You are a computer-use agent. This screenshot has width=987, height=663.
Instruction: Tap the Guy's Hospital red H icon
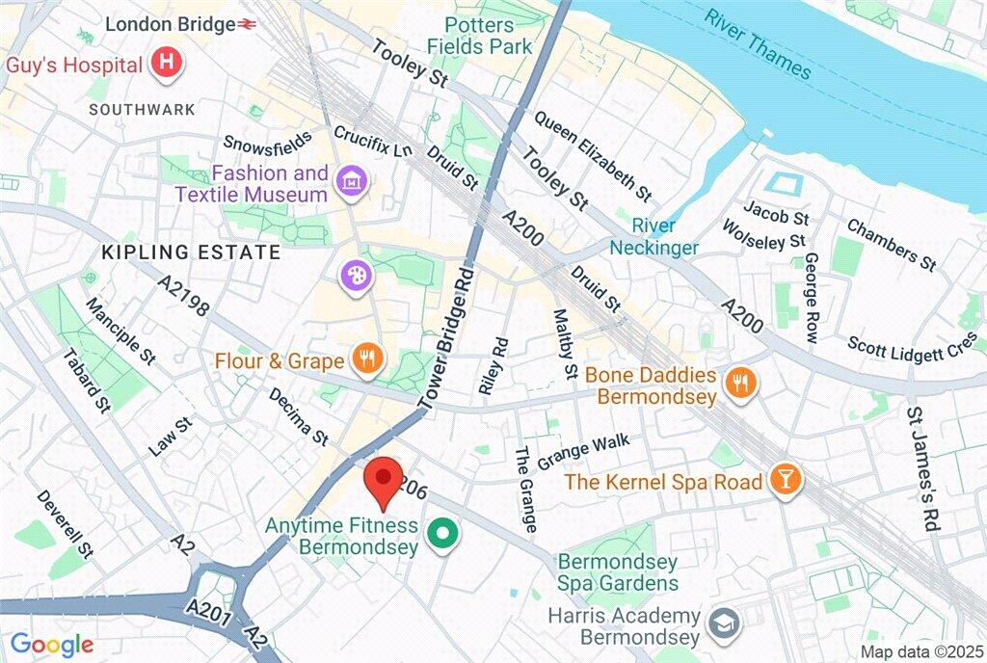(x=168, y=65)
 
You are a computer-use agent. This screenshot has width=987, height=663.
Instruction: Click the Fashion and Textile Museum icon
(x=350, y=179)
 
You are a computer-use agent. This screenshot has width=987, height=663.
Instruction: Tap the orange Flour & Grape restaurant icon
(x=367, y=361)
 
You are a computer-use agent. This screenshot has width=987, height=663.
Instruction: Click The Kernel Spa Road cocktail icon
(x=786, y=482)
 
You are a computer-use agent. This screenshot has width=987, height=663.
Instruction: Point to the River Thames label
(x=757, y=42)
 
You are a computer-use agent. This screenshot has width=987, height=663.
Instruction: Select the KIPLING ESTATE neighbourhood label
(x=192, y=253)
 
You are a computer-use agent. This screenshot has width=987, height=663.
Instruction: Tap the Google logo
(x=52, y=645)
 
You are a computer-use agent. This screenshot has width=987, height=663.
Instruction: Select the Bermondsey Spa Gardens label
(x=617, y=572)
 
